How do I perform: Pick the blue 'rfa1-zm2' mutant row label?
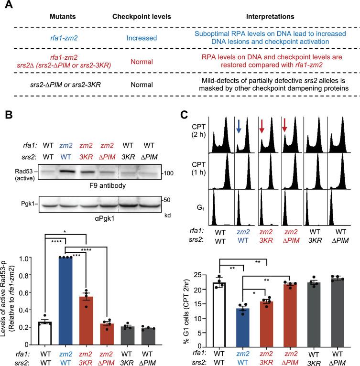tap(57, 42)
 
